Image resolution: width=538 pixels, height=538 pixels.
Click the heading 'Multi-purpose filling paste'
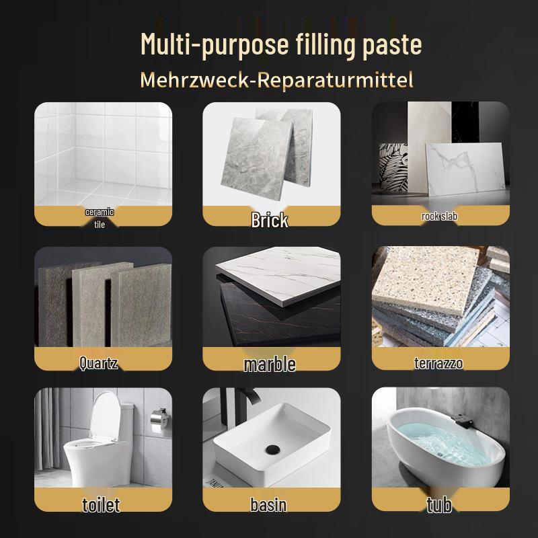click(281, 45)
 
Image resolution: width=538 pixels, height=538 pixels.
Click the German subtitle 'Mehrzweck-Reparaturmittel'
click(276, 80)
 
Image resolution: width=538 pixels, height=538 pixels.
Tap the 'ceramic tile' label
click(100, 218)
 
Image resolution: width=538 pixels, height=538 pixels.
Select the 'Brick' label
click(270, 220)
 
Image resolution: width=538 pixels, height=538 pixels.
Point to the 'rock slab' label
click(439, 217)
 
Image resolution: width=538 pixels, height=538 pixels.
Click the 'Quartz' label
click(99, 364)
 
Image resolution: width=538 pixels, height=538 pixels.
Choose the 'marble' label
click(270, 364)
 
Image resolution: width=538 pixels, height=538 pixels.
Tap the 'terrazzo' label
click(438, 364)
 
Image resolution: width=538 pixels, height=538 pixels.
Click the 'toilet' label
click(101, 504)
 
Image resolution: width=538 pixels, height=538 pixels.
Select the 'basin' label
click(268, 505)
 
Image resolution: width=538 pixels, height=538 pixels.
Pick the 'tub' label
click(438, 504)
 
